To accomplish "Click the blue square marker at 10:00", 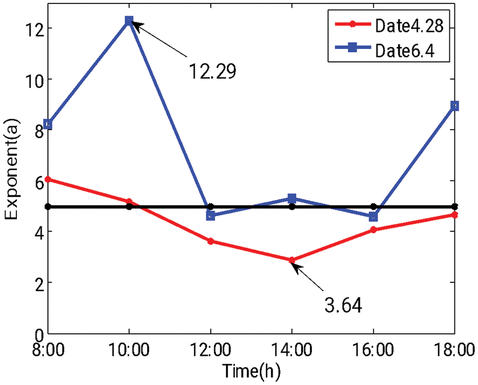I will (x=129, y=21).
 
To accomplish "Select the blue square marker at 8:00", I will (x=48, y=124).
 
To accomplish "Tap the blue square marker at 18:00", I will (x=455, y=106).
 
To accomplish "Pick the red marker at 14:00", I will (x=292, y=260).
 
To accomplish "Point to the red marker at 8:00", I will (x=48, y=179).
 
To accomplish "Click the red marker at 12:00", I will (x=211, y=241).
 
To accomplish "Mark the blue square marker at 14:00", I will (x=292, y=198).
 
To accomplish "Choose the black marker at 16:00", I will (x=373, y=207).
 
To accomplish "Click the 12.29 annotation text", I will (x=212, y=71).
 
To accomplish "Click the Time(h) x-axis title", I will (x=251, y=371).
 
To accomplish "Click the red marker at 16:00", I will (x=373, y=230).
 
